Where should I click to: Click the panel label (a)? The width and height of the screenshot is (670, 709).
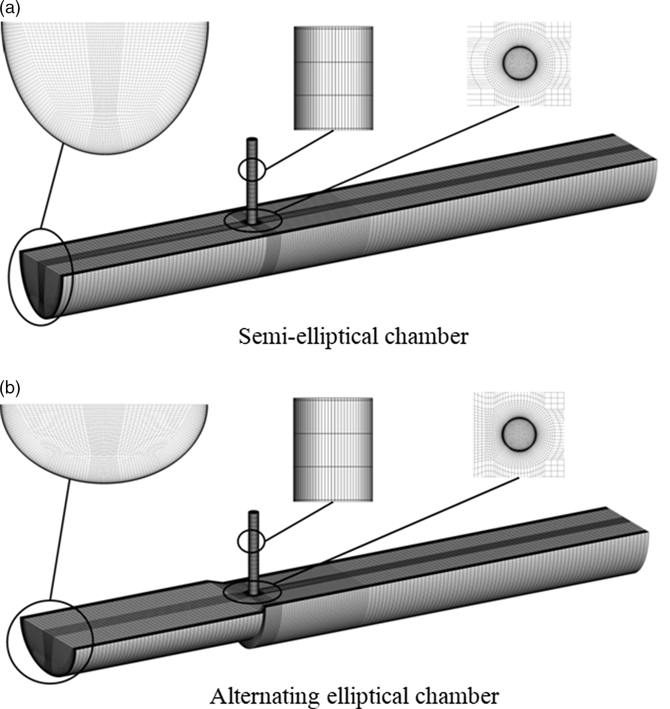pyautogui.click(x=10, y=9)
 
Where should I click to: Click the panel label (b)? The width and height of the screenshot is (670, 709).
pyautogui.click(x=10, y=388)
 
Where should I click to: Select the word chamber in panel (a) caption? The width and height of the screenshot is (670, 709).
pyautogui.click(x=426, y=336)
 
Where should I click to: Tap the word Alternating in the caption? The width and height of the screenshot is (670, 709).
pyautogui.click(x=264, y=696)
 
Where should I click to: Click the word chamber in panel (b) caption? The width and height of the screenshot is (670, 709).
pyautogui.click(x=457, y=696)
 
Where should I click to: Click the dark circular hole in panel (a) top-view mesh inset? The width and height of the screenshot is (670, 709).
pyautogui.click(x=520, y=63)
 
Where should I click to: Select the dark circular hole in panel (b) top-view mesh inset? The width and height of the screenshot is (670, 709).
pyautogui.click(x=519, y=433)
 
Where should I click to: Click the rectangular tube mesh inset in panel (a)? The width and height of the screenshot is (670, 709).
pyautogui.click(x=334, y=78)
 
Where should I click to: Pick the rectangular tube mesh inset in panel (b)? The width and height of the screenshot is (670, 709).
pyautogui.click(x=333, y=449)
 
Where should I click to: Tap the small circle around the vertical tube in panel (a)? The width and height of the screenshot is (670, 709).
pyautogui.click(x=252, y=170)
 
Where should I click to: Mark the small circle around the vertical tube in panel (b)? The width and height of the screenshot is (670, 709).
pyautogui.click(x=251, y=542)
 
